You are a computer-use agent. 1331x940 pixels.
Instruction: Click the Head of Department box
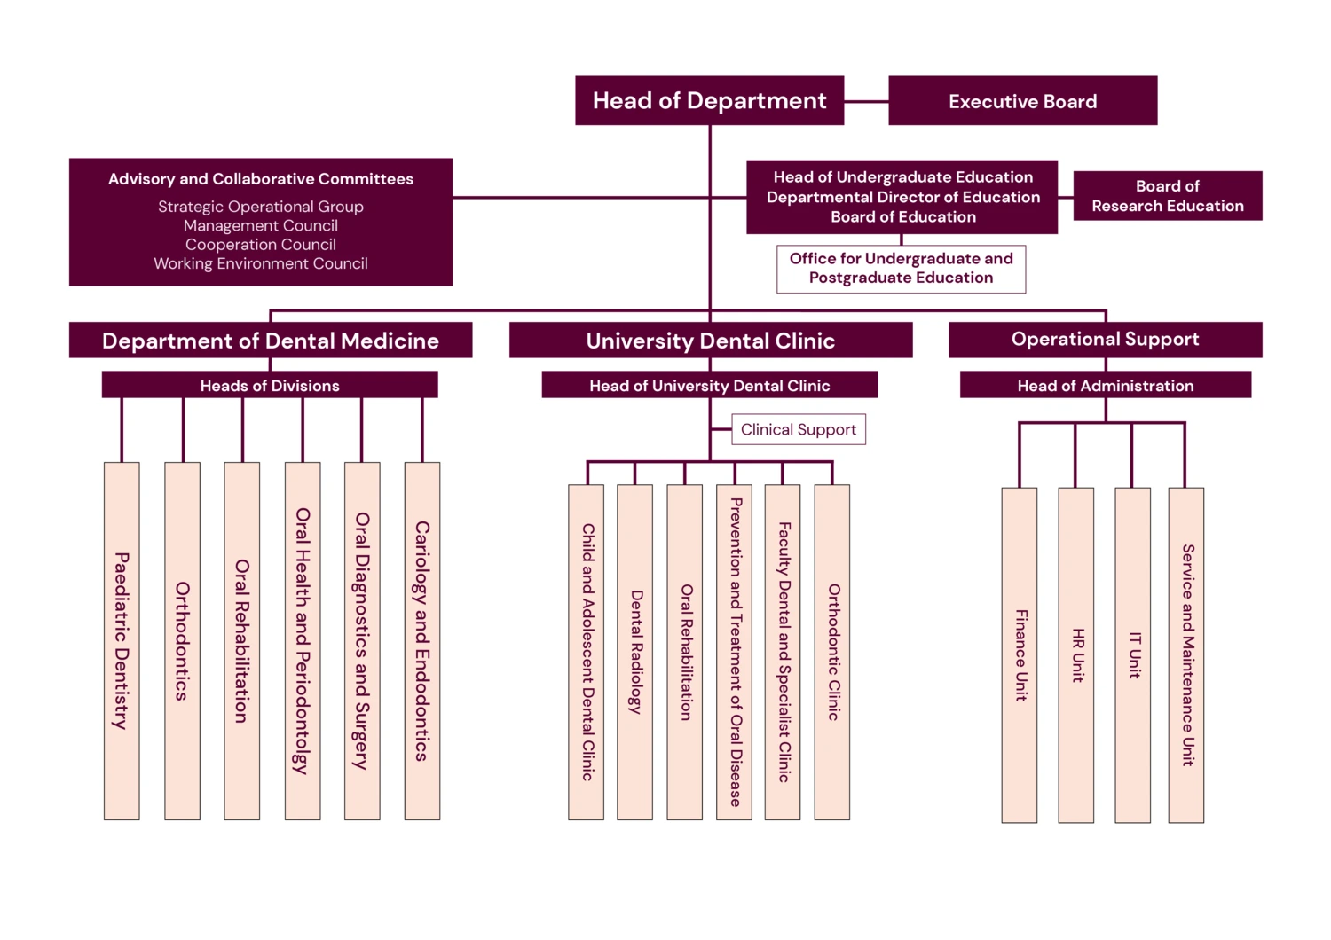(709, 100)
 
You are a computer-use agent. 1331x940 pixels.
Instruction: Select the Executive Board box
(1022, 100)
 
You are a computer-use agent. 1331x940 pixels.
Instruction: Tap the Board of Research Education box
(1167, 196)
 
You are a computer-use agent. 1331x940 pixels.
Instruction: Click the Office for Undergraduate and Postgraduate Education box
(901, 269)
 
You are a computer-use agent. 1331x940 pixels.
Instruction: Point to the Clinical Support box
(798, 429)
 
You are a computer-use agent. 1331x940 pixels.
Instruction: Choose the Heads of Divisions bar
(270, 385)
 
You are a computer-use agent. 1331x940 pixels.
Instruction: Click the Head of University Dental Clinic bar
(709, 385)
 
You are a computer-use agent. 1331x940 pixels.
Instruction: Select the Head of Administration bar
(1105, 385)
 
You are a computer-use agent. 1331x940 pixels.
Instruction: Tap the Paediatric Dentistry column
(122, 640)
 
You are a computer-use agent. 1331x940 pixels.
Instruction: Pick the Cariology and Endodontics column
(422, 640)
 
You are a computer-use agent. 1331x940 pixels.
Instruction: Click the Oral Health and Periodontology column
(303, 640)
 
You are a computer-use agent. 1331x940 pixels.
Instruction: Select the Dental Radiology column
(634, 652)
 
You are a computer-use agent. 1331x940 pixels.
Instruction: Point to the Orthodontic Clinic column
(832, 652)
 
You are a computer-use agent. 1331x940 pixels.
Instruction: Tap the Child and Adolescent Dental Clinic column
(587, 652)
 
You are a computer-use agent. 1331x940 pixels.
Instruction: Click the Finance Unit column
(1020, 654)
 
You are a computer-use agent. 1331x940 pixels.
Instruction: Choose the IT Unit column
(1132, 654)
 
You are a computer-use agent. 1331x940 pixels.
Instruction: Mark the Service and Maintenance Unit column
(1186, 654)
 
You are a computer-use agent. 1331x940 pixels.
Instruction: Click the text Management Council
(260, 225)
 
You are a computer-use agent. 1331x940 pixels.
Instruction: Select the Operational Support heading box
(1105, 340)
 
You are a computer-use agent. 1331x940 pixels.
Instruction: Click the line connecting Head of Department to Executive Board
(866, 101)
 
